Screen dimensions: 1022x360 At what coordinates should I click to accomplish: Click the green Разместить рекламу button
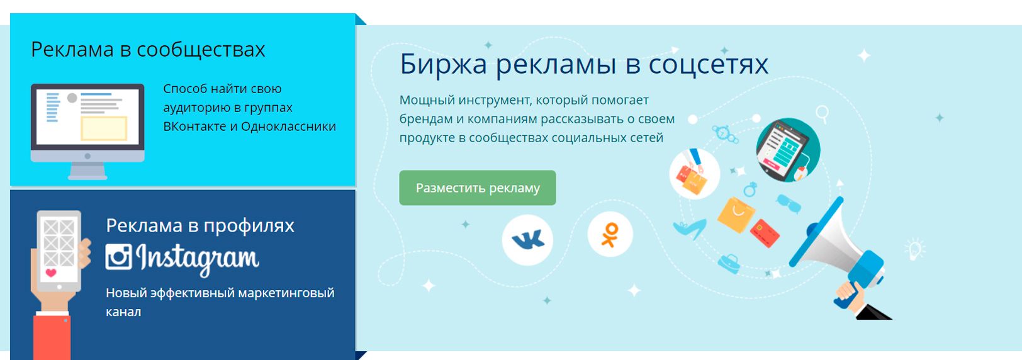coord(477,188)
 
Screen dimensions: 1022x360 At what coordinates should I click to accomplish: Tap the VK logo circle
coord(527,240)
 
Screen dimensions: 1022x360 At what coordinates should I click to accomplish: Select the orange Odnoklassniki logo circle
coord(610,235)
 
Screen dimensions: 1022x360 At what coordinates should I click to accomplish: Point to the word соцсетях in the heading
coord(709,65)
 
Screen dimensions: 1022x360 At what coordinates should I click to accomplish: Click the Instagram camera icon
coord(118,256)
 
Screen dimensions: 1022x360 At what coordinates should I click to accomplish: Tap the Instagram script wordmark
coord(198,259)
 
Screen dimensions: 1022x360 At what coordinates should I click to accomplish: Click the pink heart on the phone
coord(51,273)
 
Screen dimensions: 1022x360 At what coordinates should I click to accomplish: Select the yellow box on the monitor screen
coord(104,128)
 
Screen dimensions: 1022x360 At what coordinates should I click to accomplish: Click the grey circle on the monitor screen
coord(72,98)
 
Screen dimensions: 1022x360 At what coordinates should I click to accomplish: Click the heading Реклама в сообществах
coord(148,50)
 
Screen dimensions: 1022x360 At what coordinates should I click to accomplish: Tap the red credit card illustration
coord(765,233)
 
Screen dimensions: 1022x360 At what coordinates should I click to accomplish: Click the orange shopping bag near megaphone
coord(735,215)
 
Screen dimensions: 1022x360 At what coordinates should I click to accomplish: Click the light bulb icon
coord(915,250)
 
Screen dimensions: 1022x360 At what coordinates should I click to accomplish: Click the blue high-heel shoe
coord(689,228)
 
